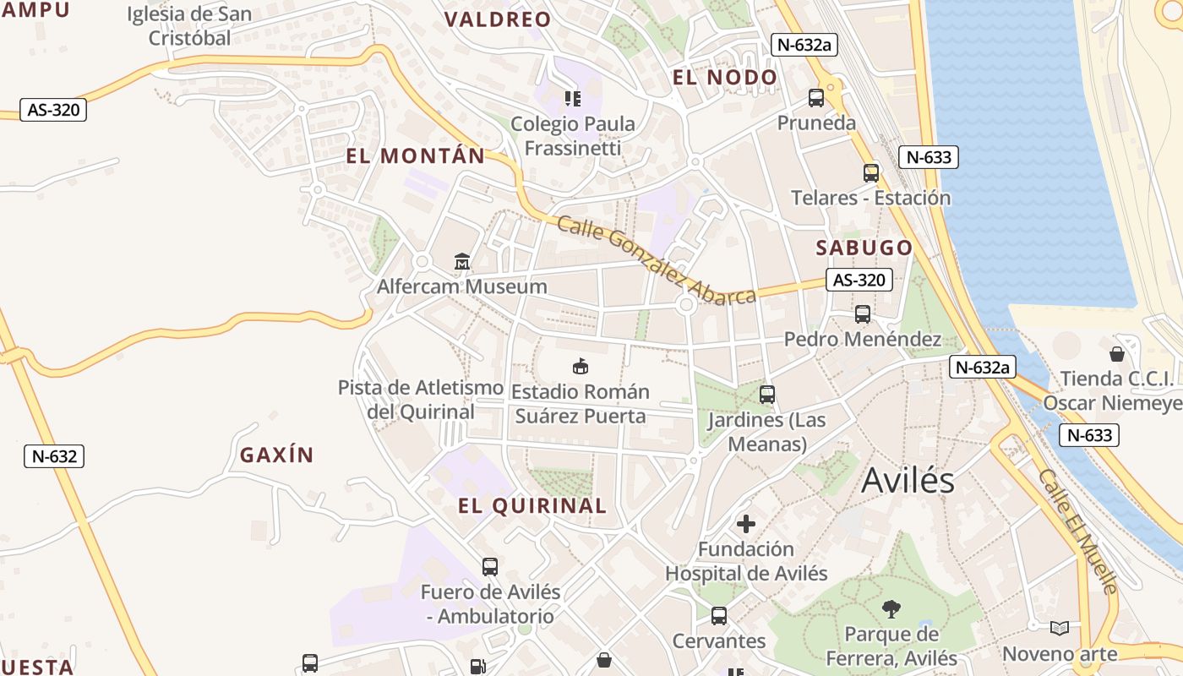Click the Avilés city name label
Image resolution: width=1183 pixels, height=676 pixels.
(908, 481)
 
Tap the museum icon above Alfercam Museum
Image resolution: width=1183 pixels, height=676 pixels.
(461, 262)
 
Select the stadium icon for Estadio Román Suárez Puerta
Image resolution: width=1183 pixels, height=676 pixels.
(581, 367)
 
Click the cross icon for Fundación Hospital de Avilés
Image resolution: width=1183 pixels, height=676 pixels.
(746, 524)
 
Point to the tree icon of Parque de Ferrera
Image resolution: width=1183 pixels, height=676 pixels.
(891, 609)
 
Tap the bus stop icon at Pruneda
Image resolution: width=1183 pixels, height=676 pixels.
(816, 98)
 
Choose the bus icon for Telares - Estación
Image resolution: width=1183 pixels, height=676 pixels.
(871, 173)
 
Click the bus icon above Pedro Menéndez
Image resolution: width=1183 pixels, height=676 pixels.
(863, 314)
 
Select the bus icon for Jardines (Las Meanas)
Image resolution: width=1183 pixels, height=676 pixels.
(767, 395)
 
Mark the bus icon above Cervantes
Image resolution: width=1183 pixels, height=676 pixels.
(719, 616)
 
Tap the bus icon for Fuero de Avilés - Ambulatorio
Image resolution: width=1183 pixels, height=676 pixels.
(490, 567)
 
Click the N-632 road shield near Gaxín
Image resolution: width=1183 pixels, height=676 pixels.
(55, 456)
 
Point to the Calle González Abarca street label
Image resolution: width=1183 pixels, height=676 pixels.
(657, 260)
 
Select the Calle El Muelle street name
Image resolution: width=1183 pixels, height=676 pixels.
(1078, 532)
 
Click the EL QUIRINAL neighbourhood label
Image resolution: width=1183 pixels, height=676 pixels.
(532, 506)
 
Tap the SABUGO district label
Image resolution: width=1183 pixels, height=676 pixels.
(864, 248)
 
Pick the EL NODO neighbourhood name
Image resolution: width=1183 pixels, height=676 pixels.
(724, 78)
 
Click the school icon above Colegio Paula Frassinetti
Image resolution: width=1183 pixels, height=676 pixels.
(573, 99)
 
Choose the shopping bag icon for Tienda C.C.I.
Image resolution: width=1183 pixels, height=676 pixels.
(1117, 354)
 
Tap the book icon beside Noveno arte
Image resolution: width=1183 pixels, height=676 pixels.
(1060, 628)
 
